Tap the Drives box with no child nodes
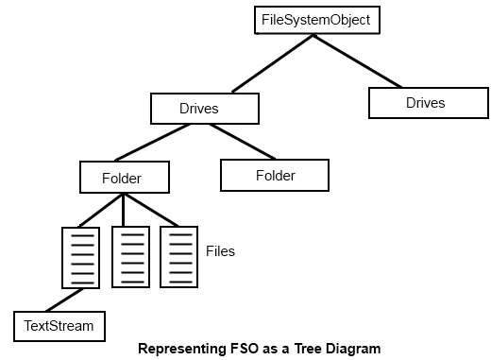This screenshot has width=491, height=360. pos(425,102)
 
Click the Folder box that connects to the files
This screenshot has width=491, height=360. pos(123,177)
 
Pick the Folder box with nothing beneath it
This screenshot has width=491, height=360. pos(275,176)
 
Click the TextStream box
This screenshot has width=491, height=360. pos(59,326)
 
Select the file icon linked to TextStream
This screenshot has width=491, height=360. pos(80,257)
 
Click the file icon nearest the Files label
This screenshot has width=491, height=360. pos(178,256)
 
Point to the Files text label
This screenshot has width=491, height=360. pos(220,252)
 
